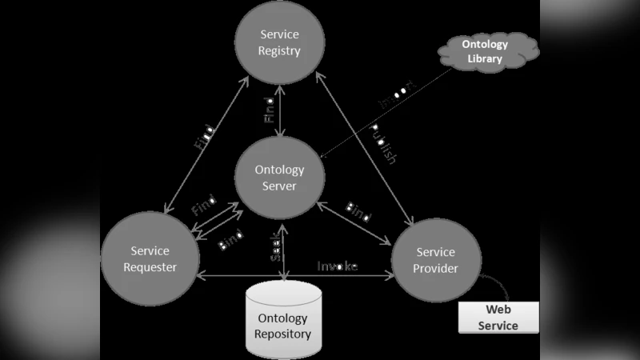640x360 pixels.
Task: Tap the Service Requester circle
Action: [x=150, y=259]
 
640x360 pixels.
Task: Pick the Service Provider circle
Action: [x=435, y=261]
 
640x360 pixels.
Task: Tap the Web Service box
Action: [x=498, y=317]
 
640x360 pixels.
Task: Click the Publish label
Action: [x=382, y=144]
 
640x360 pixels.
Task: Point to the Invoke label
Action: [x=338, y=266]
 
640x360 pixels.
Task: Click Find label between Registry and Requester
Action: [x=204, y=137]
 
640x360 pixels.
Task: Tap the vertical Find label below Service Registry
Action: [x=270, y=110]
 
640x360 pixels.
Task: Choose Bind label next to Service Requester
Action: [x=231, y=242]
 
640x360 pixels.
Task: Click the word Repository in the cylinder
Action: [x=283, y=334]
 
